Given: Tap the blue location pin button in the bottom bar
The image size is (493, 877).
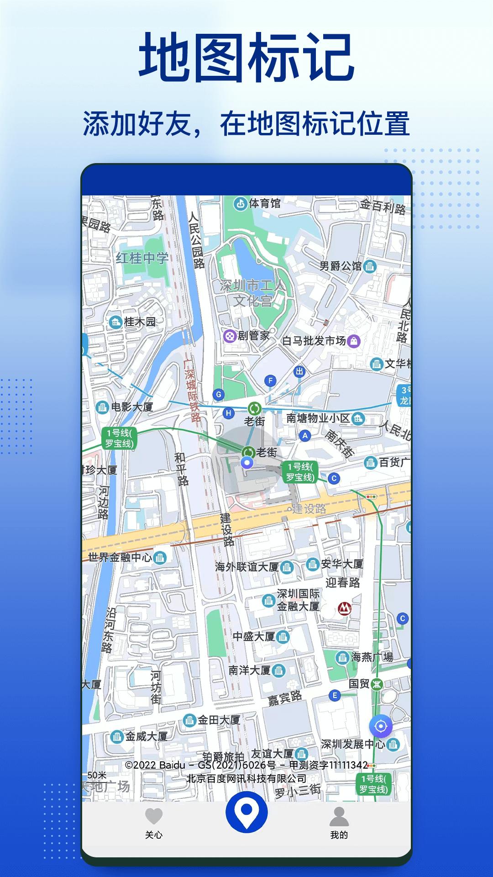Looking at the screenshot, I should [246, 812].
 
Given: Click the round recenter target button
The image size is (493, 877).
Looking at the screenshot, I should [380, 726].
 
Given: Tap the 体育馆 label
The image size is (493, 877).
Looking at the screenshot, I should [264, 203].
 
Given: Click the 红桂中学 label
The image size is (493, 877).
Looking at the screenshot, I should [142, 259].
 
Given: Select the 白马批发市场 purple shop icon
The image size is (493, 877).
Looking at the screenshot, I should [353, 341].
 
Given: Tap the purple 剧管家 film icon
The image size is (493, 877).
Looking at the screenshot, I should [230, 336].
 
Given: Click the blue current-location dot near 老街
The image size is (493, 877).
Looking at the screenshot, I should [247, 464].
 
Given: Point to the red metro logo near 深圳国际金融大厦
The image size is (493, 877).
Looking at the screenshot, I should [345, 608].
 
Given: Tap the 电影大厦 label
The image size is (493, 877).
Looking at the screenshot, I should [132, 407].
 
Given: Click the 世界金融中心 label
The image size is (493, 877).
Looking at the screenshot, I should [120, 557].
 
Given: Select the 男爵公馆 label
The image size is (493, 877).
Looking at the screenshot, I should [340, 266].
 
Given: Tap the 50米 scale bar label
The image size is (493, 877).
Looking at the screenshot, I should [97, 775].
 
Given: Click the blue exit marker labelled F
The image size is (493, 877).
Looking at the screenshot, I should [271, 380].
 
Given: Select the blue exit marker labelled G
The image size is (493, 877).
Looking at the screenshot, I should [219, 395].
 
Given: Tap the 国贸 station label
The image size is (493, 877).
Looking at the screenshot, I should [359, 684].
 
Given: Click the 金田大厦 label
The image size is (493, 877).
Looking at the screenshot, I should [219, 720].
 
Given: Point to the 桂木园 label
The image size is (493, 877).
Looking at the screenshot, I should [140, 322].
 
